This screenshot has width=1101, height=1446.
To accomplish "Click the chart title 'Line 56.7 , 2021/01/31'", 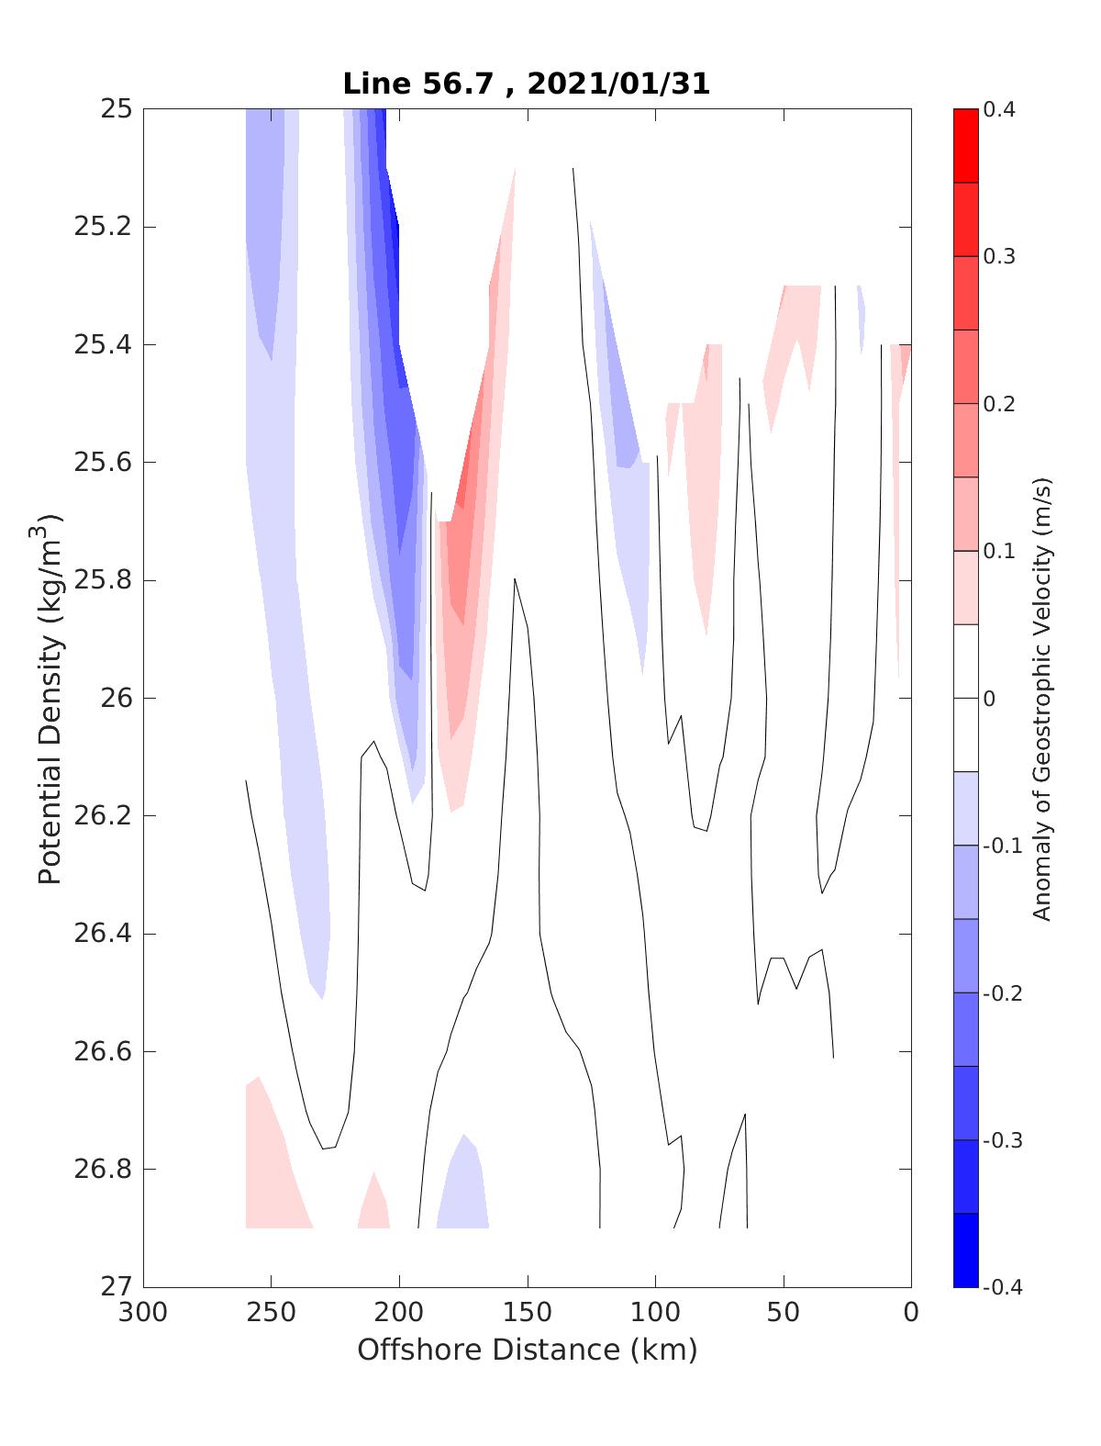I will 526,84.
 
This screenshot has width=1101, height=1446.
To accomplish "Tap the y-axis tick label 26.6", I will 102,1052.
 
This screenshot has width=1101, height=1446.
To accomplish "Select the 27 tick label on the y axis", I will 115,1287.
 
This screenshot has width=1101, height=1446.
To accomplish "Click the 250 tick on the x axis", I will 272,1314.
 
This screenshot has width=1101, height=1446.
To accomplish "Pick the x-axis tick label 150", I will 528,1314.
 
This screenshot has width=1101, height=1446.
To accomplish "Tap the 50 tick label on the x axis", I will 784,1314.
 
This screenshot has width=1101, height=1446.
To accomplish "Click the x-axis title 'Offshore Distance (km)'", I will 527,1351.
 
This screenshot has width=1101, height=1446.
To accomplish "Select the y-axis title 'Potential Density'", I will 50,698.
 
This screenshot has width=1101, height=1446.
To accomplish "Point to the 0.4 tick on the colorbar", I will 999,110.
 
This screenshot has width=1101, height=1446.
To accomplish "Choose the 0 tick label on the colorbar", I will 989,699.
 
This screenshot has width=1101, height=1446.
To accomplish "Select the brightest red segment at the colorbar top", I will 965,146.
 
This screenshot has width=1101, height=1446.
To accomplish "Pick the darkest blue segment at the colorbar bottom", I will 965,1250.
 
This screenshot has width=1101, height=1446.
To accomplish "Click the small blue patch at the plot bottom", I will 464,1189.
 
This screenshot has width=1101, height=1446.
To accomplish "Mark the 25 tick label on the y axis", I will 115,109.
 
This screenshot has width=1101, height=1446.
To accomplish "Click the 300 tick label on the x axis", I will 144,1314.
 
